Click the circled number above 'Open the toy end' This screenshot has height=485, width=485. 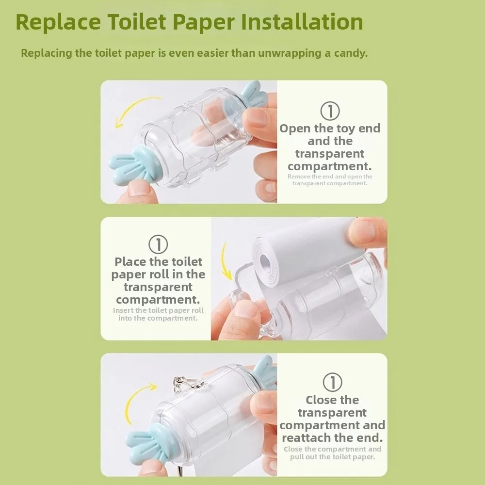point(330,111)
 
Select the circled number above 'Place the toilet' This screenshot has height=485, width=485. point(158,244)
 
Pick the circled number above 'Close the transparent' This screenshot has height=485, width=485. point(332,382)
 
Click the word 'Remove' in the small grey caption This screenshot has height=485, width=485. point(298,177)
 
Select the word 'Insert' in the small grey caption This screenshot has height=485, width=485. point(123,310)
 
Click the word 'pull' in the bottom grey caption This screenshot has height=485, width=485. point(296,457)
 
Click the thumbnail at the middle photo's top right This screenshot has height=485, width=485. point(368,232)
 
